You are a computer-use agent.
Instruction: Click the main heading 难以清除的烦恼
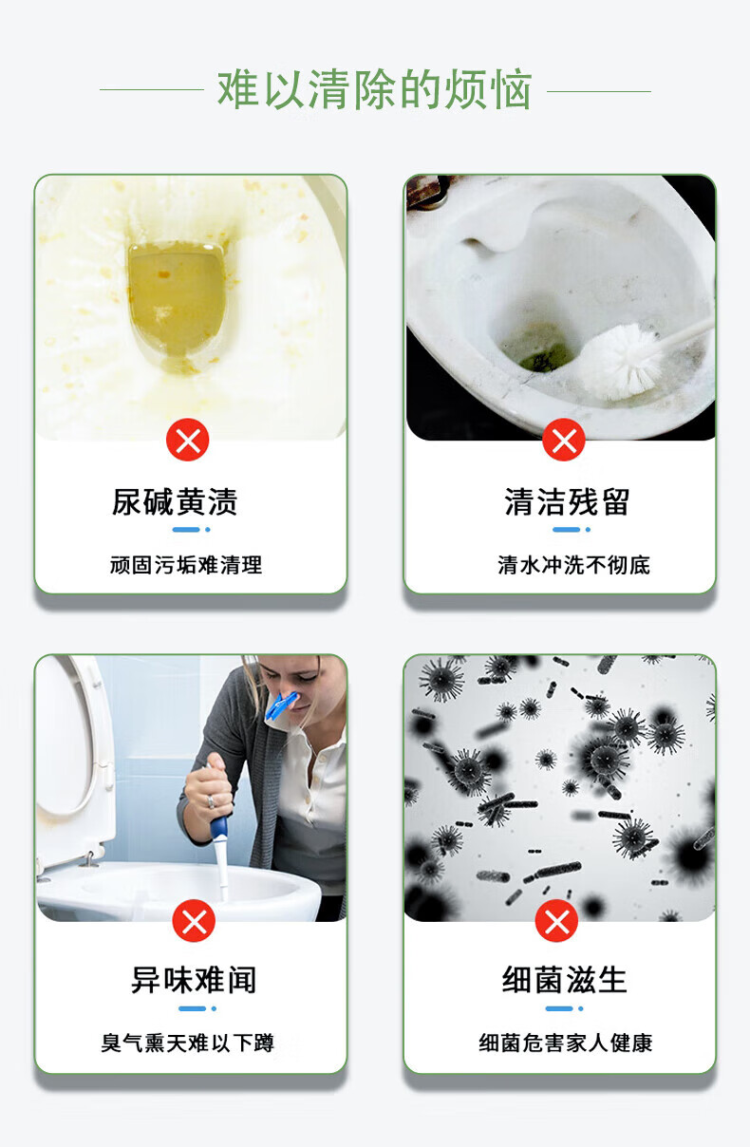click(374, 90)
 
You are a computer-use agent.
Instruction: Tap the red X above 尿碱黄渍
click(187, 440)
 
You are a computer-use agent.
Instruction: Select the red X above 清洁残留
click(564, 440)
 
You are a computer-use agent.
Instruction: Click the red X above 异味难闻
click(194, 920)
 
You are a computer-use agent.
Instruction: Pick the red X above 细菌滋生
click(556, 920)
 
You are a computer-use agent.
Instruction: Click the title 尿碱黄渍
click(175, 501)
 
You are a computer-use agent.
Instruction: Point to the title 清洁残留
click(567, 501)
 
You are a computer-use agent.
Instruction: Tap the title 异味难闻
click(194, 981)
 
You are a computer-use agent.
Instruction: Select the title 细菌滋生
click(564, 981)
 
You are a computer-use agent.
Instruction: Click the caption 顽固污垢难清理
click(186, 565)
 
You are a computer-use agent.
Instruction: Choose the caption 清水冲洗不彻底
click(573, 565)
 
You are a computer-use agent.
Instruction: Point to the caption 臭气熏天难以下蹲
click(187, 1044)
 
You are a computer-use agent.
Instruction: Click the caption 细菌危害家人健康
click(566, 1044)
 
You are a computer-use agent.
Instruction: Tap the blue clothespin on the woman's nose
click(281, 705)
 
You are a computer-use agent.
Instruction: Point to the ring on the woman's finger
click(211, 801)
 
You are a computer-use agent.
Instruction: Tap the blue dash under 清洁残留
click(566, 530)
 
